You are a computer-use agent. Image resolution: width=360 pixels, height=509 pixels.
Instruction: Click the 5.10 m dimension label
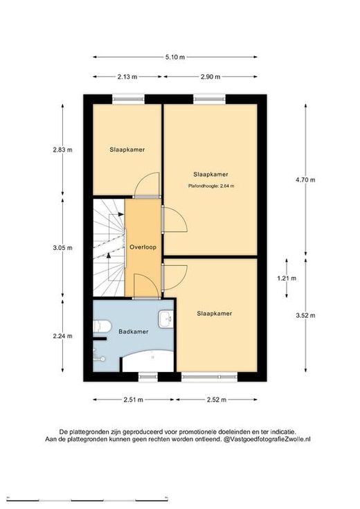click(x=175, y=57)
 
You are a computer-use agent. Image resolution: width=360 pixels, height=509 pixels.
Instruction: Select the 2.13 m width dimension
click(x=127, y=77)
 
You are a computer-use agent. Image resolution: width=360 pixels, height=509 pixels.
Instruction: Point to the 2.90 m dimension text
click(x=210, y=77)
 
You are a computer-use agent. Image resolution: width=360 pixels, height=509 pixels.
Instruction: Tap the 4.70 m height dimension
click(x=305, y=180)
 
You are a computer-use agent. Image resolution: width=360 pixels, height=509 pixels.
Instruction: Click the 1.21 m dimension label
click(x=287, y=278)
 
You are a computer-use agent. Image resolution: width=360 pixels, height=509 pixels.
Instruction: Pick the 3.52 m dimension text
click(x=305, y=316)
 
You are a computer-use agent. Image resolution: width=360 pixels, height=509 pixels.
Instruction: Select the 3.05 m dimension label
click(x=62, y=248)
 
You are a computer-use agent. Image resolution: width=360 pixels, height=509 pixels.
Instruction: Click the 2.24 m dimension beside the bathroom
click(x=62, y=337)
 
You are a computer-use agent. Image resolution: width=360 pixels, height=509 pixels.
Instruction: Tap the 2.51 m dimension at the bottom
click(x=133, y=400)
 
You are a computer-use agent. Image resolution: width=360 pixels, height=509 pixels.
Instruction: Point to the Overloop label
click(x=143, y=247)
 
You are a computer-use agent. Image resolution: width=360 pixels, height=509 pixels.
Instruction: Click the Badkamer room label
click(x=134, y=332)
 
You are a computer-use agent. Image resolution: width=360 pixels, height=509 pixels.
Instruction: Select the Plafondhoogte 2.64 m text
click(x=211, y=186)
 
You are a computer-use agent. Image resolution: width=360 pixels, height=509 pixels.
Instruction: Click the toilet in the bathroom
click(x=102, y=326)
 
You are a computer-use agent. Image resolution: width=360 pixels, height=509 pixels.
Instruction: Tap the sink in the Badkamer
click(x=165, y=319)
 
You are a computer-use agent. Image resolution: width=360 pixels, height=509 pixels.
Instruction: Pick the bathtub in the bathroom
click(x=147, y=361)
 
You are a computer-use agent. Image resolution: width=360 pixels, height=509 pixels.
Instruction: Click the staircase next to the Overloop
click(x=109, y=248)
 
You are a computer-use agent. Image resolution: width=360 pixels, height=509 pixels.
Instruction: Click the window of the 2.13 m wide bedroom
click(x=128, y=99)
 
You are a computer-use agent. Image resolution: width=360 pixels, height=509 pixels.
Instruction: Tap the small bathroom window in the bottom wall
click(x=147, y=377)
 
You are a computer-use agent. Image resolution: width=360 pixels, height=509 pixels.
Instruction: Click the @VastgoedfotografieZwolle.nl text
click(x=267, y=440)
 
